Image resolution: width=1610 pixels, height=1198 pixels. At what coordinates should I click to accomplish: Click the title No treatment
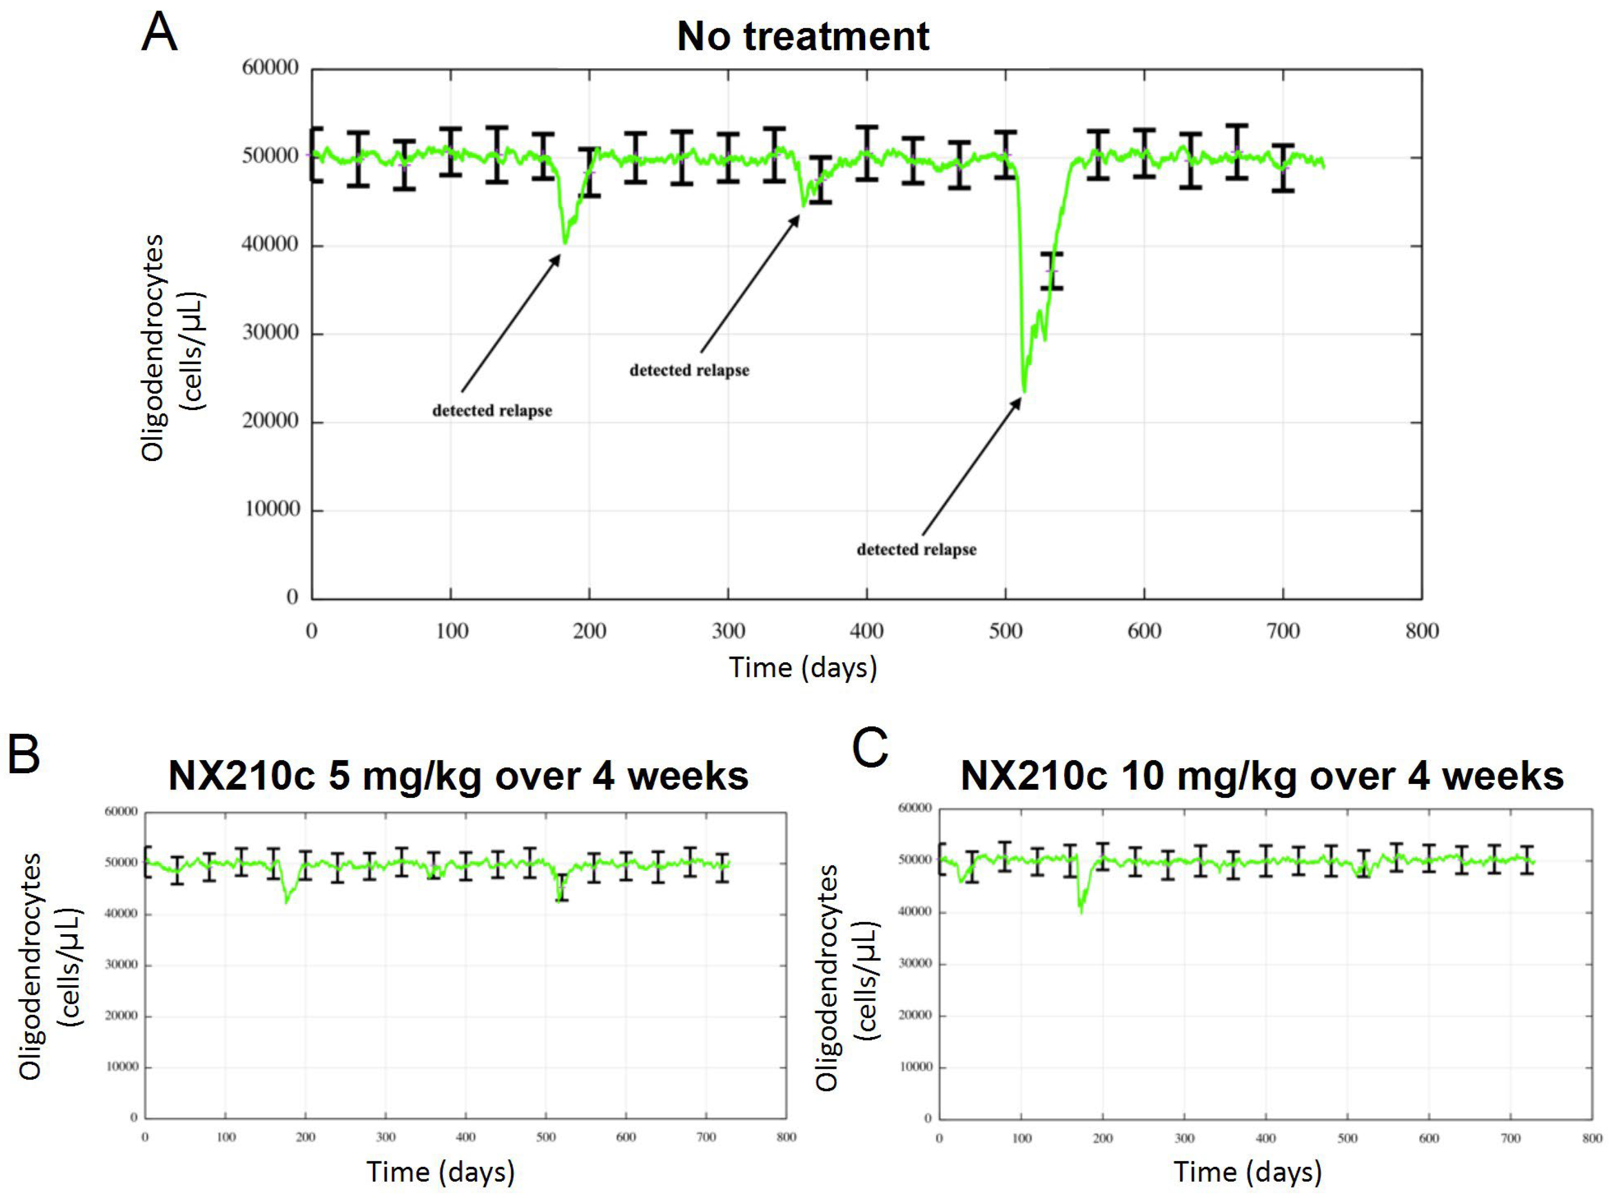click(x=803, y=36)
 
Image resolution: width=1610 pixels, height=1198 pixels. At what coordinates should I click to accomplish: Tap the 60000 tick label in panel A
click(x=270, y=68)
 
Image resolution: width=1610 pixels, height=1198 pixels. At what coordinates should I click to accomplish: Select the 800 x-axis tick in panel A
click(x=1421, y=631)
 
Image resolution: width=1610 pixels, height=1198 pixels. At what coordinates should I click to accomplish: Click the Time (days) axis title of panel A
click(x=803, y=667)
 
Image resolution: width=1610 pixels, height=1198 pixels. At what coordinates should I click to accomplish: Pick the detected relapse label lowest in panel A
click(x=917, y=550)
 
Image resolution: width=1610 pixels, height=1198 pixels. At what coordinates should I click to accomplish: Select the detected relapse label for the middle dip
click(x=689, y=371)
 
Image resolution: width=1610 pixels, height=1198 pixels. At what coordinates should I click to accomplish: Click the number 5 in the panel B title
click(x=340, y=777)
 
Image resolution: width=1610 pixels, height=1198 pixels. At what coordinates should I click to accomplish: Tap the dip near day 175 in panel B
click(x=287, y=901)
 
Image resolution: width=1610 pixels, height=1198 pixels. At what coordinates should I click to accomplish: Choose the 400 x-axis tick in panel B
click(x=466, y=1137)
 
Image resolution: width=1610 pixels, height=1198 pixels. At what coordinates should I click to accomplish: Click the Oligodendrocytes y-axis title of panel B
click(x=30, y=966)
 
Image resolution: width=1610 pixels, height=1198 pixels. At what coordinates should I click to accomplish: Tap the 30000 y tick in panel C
click(x=915, y=964)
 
